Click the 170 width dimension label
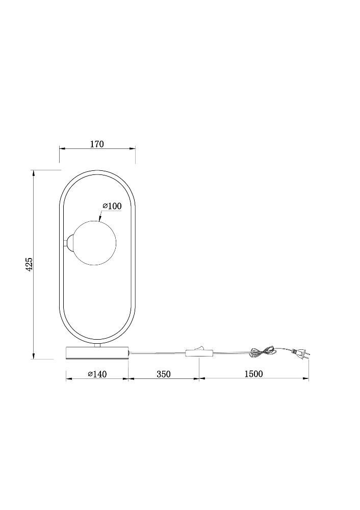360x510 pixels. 97,144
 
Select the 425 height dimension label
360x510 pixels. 29,264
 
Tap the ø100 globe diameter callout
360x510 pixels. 112,206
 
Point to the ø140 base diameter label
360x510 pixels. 97,374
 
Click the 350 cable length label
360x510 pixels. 164,374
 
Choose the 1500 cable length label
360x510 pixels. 253,374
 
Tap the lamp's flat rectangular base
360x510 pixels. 97,352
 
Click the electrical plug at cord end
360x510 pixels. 301,353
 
